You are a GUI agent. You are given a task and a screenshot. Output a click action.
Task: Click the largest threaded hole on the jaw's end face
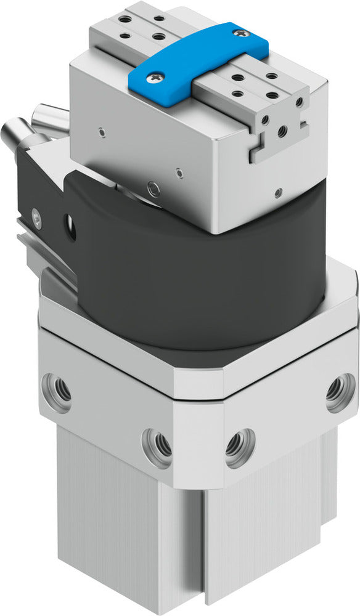[283, 130]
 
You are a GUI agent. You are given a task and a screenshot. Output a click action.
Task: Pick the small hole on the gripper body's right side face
[280, 193]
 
